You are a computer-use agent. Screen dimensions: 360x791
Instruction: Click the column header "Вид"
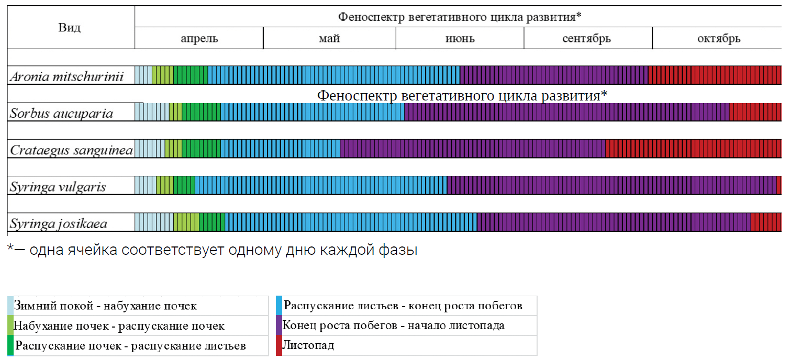70,28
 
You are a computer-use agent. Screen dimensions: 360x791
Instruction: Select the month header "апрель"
199,39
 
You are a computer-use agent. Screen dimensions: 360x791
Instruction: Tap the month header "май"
329,39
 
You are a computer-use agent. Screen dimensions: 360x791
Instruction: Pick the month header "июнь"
460,39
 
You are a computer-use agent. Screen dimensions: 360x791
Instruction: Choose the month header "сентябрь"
587,39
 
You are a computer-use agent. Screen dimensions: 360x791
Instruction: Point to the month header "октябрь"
718,39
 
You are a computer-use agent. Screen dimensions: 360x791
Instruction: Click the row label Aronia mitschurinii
67,77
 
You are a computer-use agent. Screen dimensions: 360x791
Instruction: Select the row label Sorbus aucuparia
62,113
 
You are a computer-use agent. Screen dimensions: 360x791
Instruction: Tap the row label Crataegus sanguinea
71,150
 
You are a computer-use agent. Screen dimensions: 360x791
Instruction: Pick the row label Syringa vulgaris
58,187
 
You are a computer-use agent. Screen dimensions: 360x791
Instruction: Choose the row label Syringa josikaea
59,224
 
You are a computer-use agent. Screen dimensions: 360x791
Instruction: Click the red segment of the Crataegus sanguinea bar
693,149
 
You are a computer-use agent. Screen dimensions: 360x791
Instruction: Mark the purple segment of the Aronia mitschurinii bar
554,75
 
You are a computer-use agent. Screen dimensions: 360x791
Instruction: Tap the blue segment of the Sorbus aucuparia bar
312,112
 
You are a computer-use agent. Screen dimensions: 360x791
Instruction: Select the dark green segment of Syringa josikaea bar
212,222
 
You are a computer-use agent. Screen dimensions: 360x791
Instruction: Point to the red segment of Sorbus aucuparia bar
755,112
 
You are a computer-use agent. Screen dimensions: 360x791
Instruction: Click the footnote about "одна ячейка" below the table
212,250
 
